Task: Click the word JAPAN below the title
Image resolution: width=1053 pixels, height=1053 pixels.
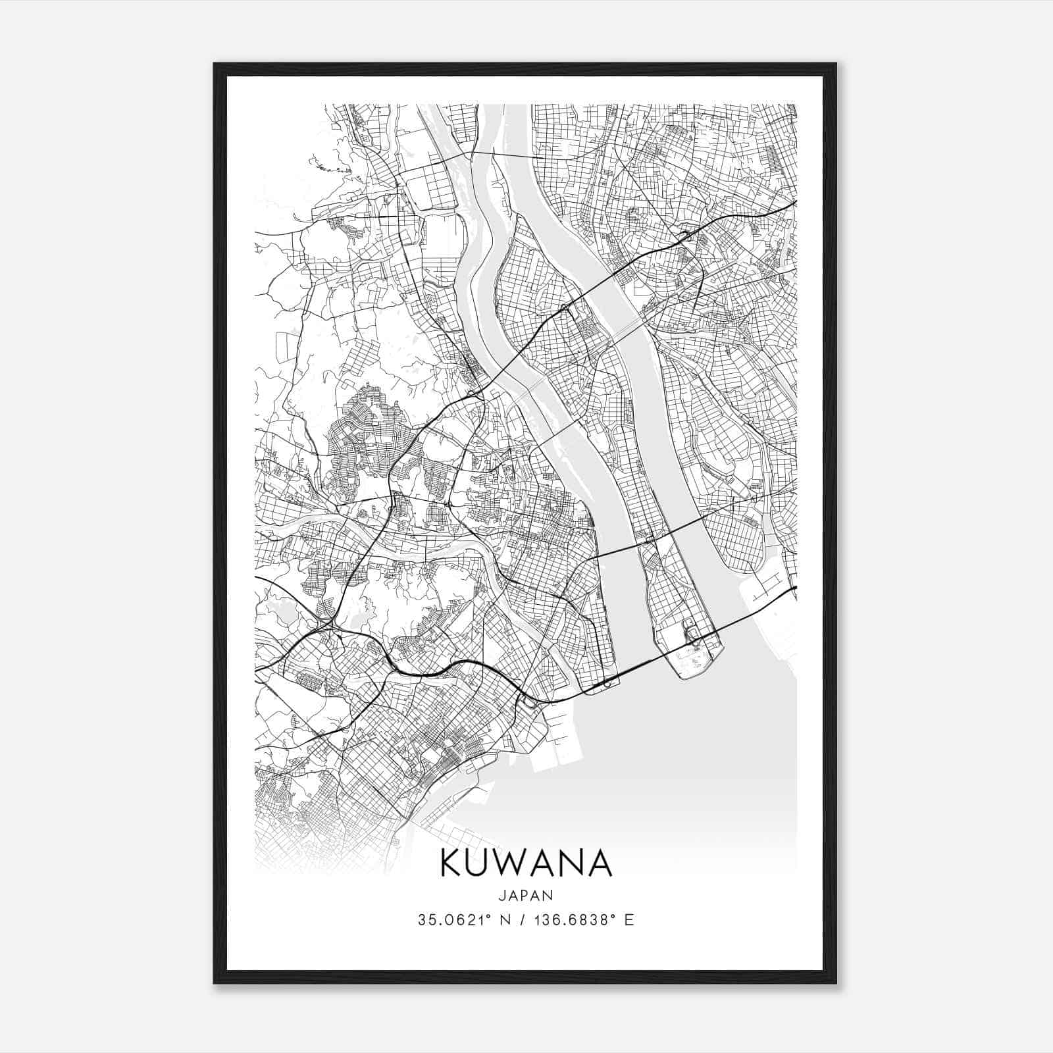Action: [526, 895]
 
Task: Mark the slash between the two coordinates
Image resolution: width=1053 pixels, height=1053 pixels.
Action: [522, 920]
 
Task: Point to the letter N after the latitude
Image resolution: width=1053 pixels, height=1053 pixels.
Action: [505, 920]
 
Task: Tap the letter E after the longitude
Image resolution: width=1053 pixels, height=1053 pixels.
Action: [630, 920]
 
